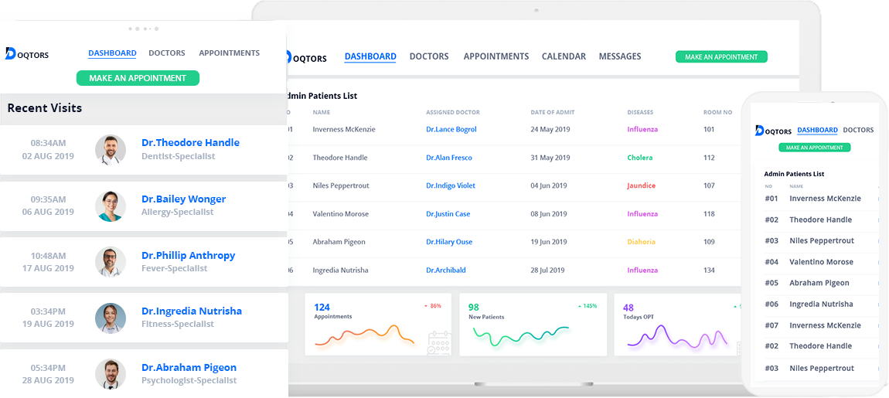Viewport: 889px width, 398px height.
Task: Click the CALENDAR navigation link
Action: click(564, 56)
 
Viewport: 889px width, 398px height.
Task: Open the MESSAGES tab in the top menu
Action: click(620, 56)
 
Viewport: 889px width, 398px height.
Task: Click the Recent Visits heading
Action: click(45, 108)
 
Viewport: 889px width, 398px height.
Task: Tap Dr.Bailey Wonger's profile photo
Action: click(111, 206)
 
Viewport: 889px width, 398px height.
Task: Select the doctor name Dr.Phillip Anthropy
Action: click(188, 256)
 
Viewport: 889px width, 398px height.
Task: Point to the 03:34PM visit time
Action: click(48, 311)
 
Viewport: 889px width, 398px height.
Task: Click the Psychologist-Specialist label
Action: click(189, 381)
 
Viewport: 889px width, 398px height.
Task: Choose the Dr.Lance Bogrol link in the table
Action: click(451, 130)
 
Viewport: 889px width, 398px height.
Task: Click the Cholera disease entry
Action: click(639, 158)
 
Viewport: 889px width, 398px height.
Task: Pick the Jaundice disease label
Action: click(641, 186)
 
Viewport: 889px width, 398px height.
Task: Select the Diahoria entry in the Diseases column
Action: click(641, 243)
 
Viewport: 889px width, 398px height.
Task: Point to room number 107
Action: click(709, 186)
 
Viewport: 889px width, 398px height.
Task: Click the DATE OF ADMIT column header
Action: click(552, 113)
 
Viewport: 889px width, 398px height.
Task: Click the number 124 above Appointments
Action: click(322, 308)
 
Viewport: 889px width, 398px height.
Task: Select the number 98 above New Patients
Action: click(474, 308)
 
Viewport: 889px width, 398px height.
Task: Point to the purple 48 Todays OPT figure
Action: click(628, 308)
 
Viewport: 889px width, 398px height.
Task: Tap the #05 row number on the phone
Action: click(771, 283)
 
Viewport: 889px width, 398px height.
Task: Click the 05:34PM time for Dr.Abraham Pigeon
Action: click(48, 368)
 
